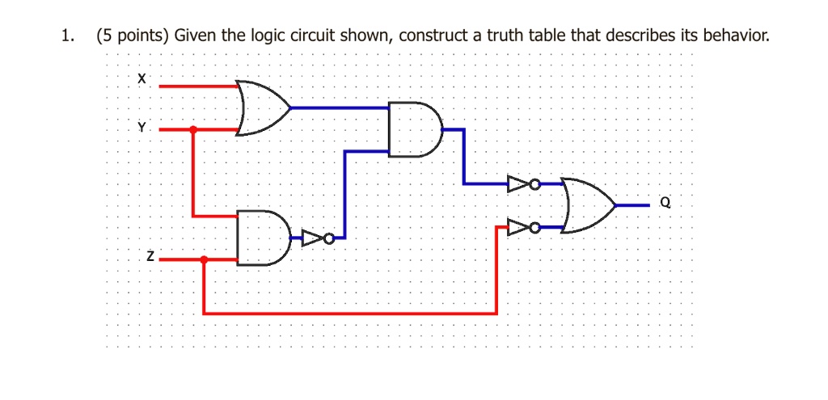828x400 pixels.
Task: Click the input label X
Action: (x=142, y=79)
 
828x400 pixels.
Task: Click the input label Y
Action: (x=142, y=127)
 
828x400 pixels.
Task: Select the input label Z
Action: (x=149, y=257)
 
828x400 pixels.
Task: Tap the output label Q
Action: (x=664, y=204)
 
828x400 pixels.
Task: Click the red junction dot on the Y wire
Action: (x=192, y=129)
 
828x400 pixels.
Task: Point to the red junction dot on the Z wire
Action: (x=204, y=260)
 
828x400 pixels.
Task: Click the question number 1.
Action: (x=68, y=36)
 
